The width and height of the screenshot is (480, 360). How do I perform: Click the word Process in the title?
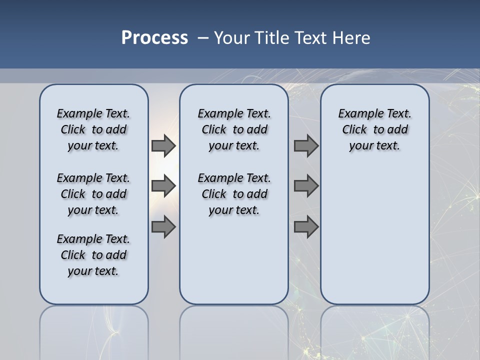[154, 38]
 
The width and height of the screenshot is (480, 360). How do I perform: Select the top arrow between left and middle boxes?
[163, 145]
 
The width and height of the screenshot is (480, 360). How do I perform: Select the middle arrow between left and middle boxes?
[163, 186]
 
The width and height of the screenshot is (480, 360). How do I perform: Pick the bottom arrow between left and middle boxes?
[163, 227]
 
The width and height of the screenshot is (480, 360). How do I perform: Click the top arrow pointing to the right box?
[306, 145]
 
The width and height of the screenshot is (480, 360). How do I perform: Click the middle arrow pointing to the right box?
[306, 186]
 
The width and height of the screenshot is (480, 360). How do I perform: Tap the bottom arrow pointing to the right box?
[306, 227]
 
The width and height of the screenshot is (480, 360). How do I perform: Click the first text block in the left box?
[93, 129]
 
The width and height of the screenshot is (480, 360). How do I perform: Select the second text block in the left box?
[93, 194]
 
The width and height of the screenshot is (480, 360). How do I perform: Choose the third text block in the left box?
[93, 255]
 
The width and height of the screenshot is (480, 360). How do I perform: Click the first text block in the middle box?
[234, 129]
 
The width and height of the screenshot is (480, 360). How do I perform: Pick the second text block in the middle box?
[234, 194]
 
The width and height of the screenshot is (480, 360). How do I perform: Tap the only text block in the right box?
[374, 129]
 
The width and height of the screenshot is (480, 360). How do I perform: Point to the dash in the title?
[203, 38]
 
